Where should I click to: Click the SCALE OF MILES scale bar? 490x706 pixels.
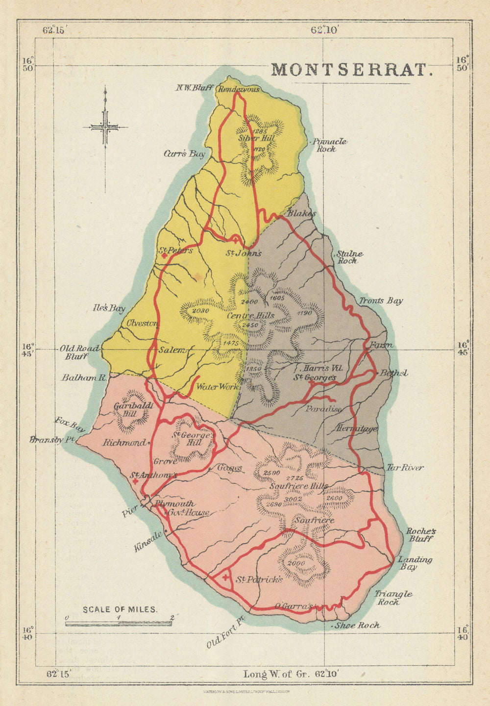[x=119, y=623]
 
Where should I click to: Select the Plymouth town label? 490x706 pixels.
[x=175, y=504]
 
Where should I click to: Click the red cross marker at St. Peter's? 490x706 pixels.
[x=164, y=255]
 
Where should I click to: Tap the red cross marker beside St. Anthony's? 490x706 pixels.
[x=135, y=481]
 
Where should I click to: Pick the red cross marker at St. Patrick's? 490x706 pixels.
[x=225, y=577]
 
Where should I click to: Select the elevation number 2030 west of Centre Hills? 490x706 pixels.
[x=200, y=311]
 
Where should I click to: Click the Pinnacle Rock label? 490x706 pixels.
[x=329, y=145]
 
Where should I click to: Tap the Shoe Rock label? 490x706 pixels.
[x=357, y=625]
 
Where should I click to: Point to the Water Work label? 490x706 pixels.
[x=217, y=386]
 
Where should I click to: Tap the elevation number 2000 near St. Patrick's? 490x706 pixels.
[x=296, y=563]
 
